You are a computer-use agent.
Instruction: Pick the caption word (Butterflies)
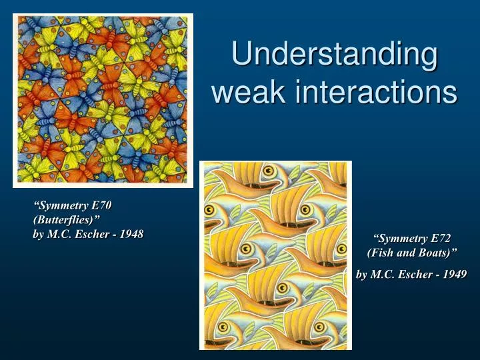point(67,219)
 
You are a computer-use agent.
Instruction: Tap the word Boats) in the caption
point(439,253)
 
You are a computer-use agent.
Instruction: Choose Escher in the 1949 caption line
point(417,274)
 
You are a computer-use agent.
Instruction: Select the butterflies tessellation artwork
point(103,100)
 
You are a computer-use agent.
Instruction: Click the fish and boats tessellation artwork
point(275,255)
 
